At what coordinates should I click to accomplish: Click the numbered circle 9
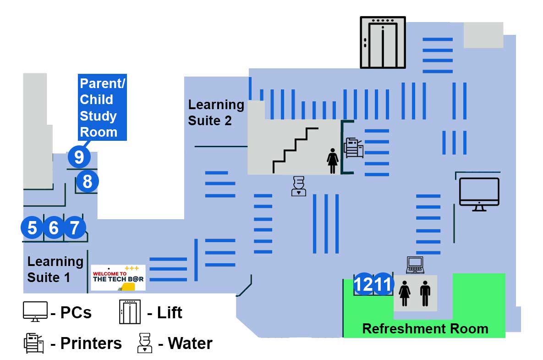[x=79, y=157]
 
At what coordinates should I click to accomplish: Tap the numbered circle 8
[x=87, y=182]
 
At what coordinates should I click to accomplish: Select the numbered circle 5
[x=32, y=227]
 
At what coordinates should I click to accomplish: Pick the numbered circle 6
[x=54, y=227]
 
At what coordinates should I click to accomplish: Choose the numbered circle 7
[x=75, y=227]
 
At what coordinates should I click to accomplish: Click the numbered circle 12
[x=364, y=285]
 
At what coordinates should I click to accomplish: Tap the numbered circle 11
[x=383, y=285]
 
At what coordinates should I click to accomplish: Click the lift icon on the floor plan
[x=383, y=42]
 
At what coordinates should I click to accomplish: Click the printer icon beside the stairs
[x=354, y=148]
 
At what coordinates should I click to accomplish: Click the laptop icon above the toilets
[x=415, y=265]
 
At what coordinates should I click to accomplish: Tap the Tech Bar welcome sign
[x=118, y=277]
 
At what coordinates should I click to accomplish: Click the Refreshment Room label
[x=425, y=329]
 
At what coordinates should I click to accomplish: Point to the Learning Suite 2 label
[x=216, y=112]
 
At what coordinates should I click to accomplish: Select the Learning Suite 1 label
[x=55, y=269]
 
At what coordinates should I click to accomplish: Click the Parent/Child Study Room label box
[x=102, y=107]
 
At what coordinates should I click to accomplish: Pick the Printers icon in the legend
[x=33, y=343]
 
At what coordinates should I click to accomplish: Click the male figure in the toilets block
[x=425, y=294]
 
